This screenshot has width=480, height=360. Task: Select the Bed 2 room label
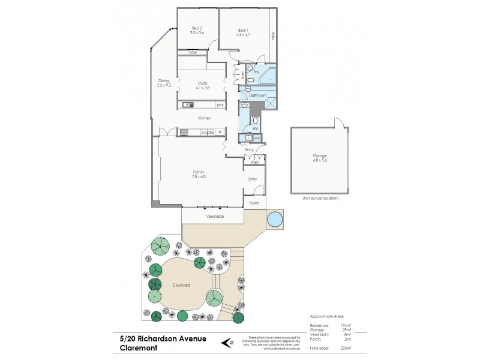[x=197, y=28]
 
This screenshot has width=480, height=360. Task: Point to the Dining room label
[x=164, y=81]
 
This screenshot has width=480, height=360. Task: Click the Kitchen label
[x=205, y=118]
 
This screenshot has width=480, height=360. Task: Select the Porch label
[x=254, y=204]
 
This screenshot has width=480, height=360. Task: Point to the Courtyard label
[x=180, y=285]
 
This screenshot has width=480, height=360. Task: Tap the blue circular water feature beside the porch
[x=275, y=220]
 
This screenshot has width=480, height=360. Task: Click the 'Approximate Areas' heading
[x=327, y=316]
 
